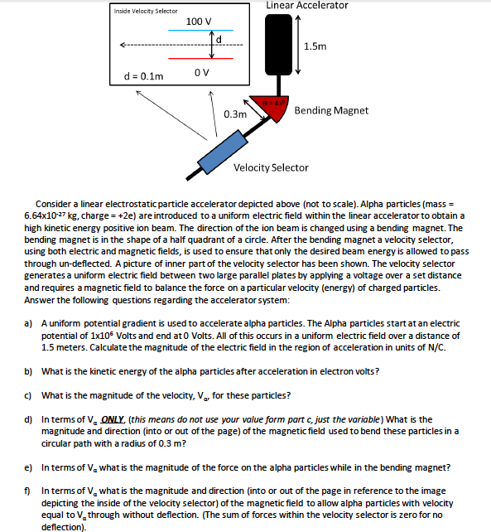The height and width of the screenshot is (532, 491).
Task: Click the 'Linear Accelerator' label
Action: click(x=306, y=6)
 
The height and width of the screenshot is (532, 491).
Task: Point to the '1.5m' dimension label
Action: click(x=315, y=47)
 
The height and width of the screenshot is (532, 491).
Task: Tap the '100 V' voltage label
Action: click(x=199, y=21)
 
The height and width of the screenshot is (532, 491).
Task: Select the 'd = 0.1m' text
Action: click(x=143, y=76)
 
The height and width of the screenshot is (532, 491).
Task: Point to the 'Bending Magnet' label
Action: click(x=332, y=110)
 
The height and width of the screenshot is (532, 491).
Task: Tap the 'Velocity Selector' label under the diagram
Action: click(x=271, y=167)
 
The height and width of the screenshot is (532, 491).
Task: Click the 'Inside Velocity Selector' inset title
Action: click(x=146, y=10)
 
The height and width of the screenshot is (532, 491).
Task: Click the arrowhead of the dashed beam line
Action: click(x=123, y=45)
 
